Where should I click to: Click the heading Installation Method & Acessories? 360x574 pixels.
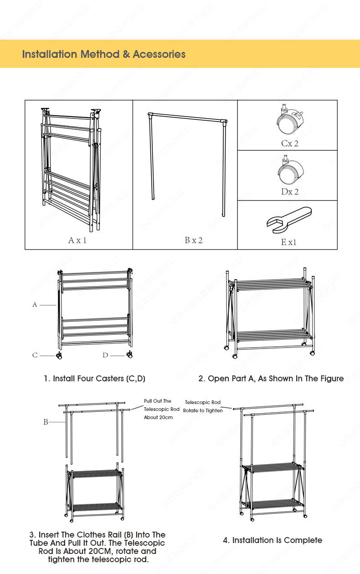click(x=104, y=54)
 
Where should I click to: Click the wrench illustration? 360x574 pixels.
click(x=288, y=218)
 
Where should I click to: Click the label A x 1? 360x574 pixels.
click(x=77, y=240)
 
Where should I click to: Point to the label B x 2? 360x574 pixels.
click(x=194, y=240)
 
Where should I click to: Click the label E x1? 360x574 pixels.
click(x=288, y=242)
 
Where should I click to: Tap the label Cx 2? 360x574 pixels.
click(x=290, y=143)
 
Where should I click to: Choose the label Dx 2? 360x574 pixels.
click(x=290, y=192)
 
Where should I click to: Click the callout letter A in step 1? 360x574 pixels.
click(x=35, y=305)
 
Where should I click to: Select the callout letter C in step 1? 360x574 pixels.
click(x=35, y=355)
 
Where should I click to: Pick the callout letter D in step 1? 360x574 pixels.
click(x=105, y=355)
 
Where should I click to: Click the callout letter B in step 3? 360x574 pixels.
click(x=46, y=422)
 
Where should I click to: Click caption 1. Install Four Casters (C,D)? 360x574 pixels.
click(x=94, y=379)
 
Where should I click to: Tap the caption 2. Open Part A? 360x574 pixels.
click(x=271, y=379)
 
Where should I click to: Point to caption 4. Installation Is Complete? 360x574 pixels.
click(x=273, y=540)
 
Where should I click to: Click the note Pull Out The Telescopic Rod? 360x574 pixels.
click(x=161, y=409)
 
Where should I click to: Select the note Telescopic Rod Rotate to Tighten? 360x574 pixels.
click(x=203, y=406)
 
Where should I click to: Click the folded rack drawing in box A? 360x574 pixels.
click(x=71, y=169)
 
